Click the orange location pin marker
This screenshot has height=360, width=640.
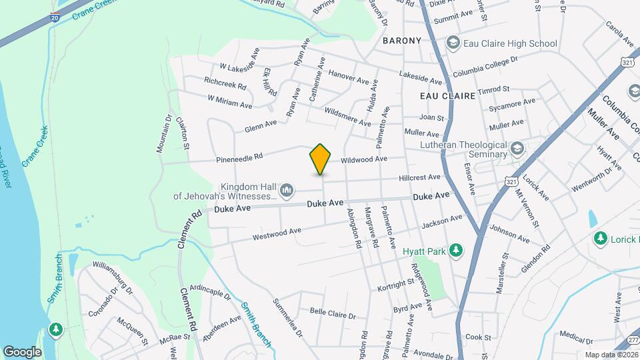(x=321, y=159)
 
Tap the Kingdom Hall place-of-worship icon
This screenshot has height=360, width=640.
(x=287, y=191)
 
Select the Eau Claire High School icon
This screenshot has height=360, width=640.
(x=453, y=43)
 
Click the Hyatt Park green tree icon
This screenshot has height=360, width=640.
(x=456, y=251)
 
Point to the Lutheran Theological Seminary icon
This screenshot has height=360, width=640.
(x=516, y=148)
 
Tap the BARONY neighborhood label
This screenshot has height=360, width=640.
(x=402, y=41)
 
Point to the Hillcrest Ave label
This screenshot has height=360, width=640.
(x=420, y=178)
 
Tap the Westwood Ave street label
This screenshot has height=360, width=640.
(x=277, y=235)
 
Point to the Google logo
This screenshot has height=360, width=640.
(x=23, y=351)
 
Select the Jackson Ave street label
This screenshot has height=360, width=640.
(x=441, y=222)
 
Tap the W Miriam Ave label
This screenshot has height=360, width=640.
(x=230, y=101)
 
